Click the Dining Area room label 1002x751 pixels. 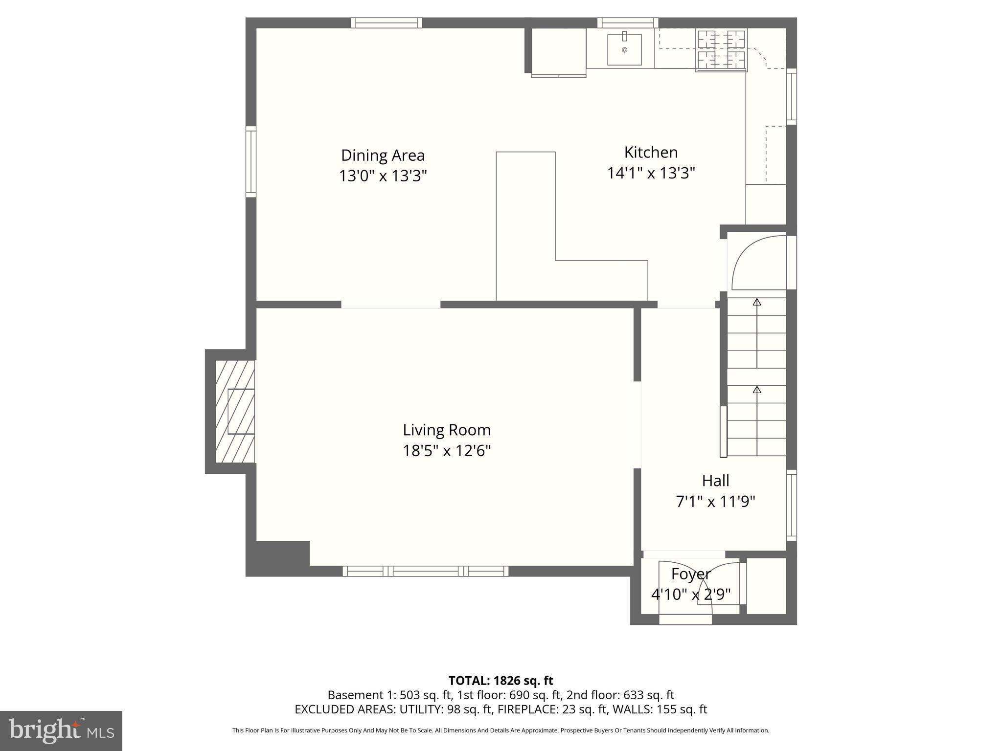[383, 155]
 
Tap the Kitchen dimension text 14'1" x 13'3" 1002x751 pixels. [651, 173]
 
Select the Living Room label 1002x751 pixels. [446, 430]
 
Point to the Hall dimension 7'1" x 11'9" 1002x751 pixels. [715, 502]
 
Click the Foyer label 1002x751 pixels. [690, 574]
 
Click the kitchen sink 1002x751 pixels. [624, 49]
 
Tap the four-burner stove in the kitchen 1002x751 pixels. [721, 50]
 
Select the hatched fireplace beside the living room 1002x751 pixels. [235, 411]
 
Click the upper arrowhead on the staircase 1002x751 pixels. [757, 302]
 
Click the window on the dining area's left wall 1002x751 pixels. [250, 161]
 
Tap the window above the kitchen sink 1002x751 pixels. [627, 22]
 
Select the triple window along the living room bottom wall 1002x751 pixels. [425, 571]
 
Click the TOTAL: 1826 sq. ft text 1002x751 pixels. [501, 680]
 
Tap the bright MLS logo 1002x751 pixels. [61, 730]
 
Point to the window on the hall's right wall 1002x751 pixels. [791, 505]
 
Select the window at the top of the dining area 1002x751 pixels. [386, 22]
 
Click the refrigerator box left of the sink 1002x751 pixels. [558, 51]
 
